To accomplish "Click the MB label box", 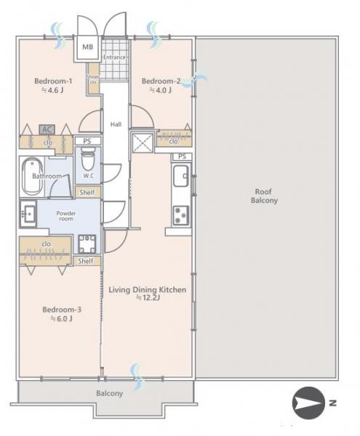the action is (87, 47).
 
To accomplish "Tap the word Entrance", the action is (114, 57).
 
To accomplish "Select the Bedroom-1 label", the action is (53, 81).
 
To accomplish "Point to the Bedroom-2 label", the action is (161, 81).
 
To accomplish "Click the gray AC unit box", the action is (47, 129).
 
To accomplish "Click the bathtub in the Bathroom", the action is (33, 177).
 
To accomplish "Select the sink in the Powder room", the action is (28, 214).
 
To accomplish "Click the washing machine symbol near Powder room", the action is (87, 243).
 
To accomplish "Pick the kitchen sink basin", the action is (181, 176).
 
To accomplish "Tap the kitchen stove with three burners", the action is (181, 216).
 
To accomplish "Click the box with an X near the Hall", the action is (143, 143).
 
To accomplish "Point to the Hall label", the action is (116, 124).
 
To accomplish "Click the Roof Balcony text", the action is (264, 195).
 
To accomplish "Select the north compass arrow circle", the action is (308, 402).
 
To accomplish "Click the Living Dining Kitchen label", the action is (147, 290).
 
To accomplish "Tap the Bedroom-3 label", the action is (62, 310).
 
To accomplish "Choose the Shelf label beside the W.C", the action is (87, 193).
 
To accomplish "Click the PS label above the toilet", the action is (87, 141).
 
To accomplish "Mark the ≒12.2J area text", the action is (148, 298).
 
